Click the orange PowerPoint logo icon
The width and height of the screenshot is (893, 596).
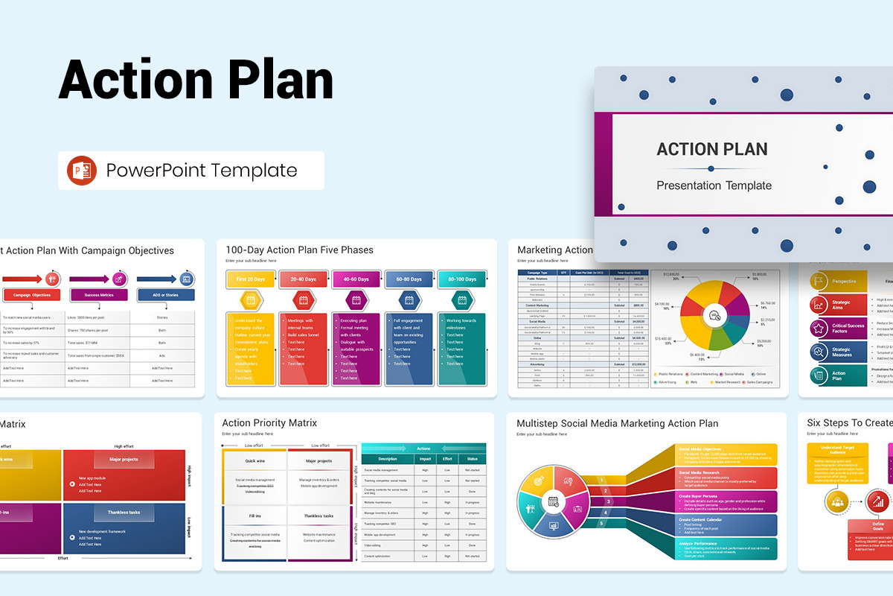point(82,171)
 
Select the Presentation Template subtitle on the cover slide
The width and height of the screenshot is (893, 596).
point(714,186)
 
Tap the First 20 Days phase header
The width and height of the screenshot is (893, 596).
point(251,279)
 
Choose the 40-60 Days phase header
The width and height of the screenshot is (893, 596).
point(356,279)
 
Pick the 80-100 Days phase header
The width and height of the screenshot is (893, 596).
point(461,279)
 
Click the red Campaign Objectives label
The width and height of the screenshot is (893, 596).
point(32,295)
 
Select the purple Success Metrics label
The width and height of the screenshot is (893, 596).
point(99,295)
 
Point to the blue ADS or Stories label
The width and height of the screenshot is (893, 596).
point(166,295)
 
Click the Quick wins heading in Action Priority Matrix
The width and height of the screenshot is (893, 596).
point(255,460)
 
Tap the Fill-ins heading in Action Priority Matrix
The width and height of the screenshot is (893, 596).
point(255,516)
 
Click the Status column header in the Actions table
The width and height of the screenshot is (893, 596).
point(473,459)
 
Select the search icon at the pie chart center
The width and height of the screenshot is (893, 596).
point(714,314)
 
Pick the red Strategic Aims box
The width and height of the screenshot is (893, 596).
point(839,305)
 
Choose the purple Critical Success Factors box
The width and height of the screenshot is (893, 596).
point(839,328)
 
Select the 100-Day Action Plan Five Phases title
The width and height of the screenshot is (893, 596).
point(299,250)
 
